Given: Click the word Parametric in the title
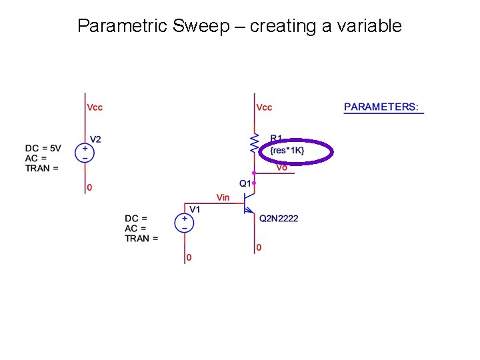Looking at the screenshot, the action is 123,26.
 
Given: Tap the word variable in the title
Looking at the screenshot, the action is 371,26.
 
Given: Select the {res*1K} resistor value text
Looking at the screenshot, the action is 287,151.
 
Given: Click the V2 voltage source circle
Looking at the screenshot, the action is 85,153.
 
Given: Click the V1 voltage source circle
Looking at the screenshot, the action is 185,223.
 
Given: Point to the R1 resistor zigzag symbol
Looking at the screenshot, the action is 254,142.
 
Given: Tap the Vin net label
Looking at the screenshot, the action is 223,197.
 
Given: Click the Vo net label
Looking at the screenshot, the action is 282,167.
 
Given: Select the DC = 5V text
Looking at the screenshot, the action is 43,148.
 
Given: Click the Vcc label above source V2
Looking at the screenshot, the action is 95,107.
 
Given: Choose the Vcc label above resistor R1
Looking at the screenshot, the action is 264,107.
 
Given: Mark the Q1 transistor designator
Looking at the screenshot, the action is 245,183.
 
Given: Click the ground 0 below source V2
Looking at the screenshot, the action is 90,187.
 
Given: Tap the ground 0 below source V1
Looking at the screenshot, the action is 189,257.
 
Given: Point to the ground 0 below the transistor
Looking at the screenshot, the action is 259,247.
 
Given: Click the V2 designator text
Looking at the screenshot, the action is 96,139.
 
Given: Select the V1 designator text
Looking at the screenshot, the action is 195,209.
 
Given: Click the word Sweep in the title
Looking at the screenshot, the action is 196,26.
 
